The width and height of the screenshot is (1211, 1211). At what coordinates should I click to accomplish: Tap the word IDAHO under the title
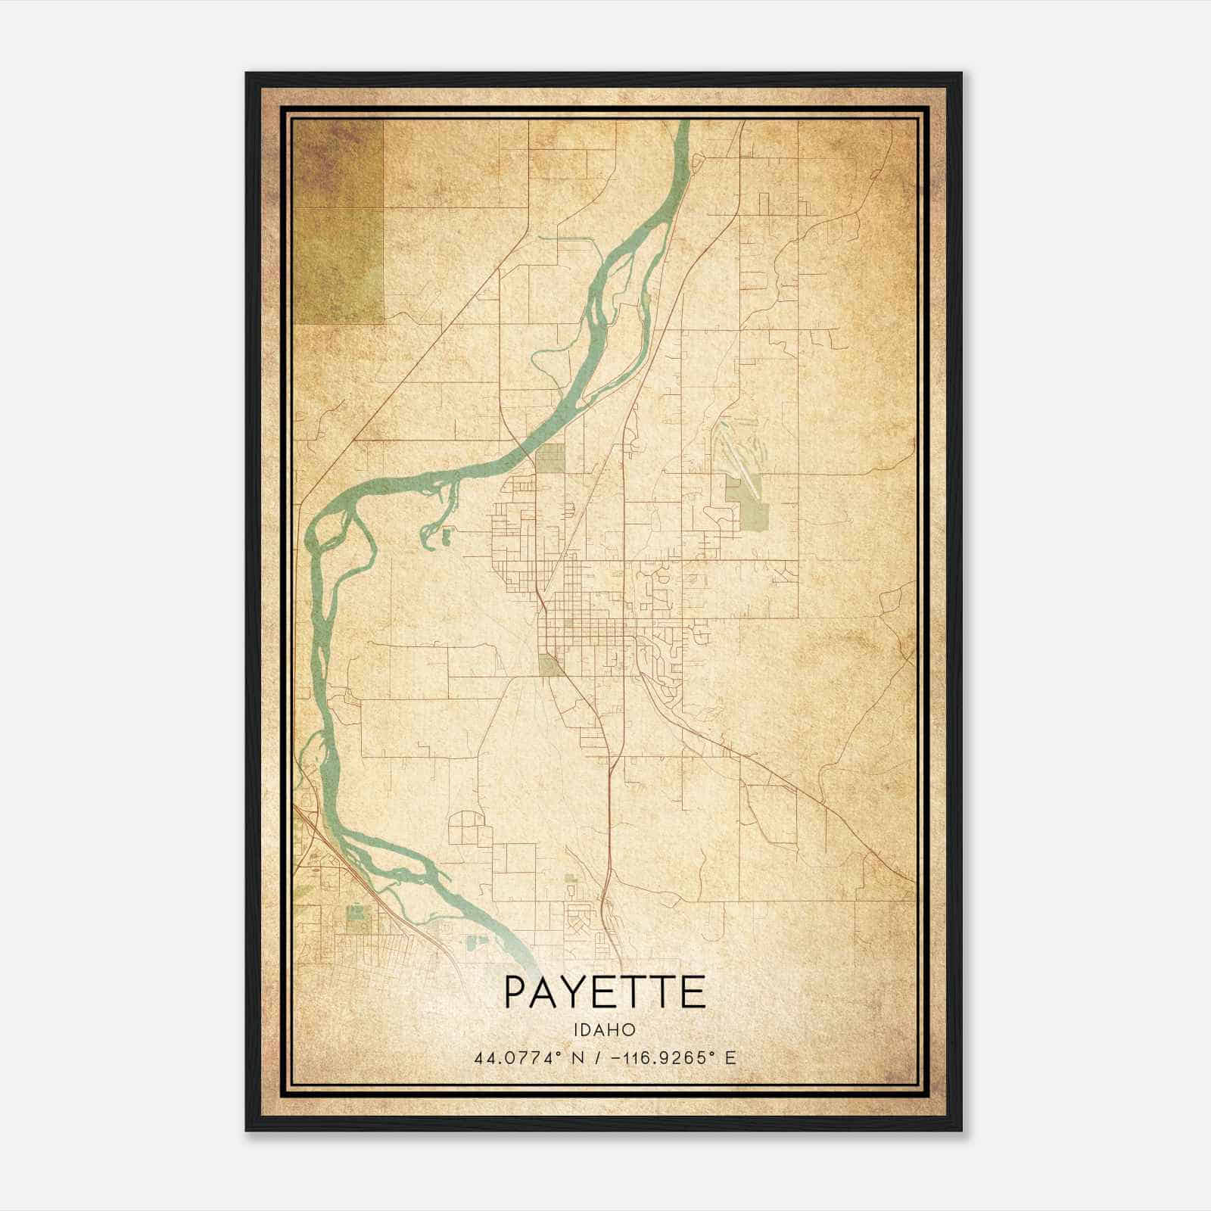click(604, 1030)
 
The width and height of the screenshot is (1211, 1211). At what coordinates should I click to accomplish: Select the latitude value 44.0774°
click(518, 1058)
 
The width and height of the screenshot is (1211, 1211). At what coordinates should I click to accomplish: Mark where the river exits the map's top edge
click(683, 123)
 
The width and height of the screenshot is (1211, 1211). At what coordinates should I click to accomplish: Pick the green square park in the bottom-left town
click(354, 914)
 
